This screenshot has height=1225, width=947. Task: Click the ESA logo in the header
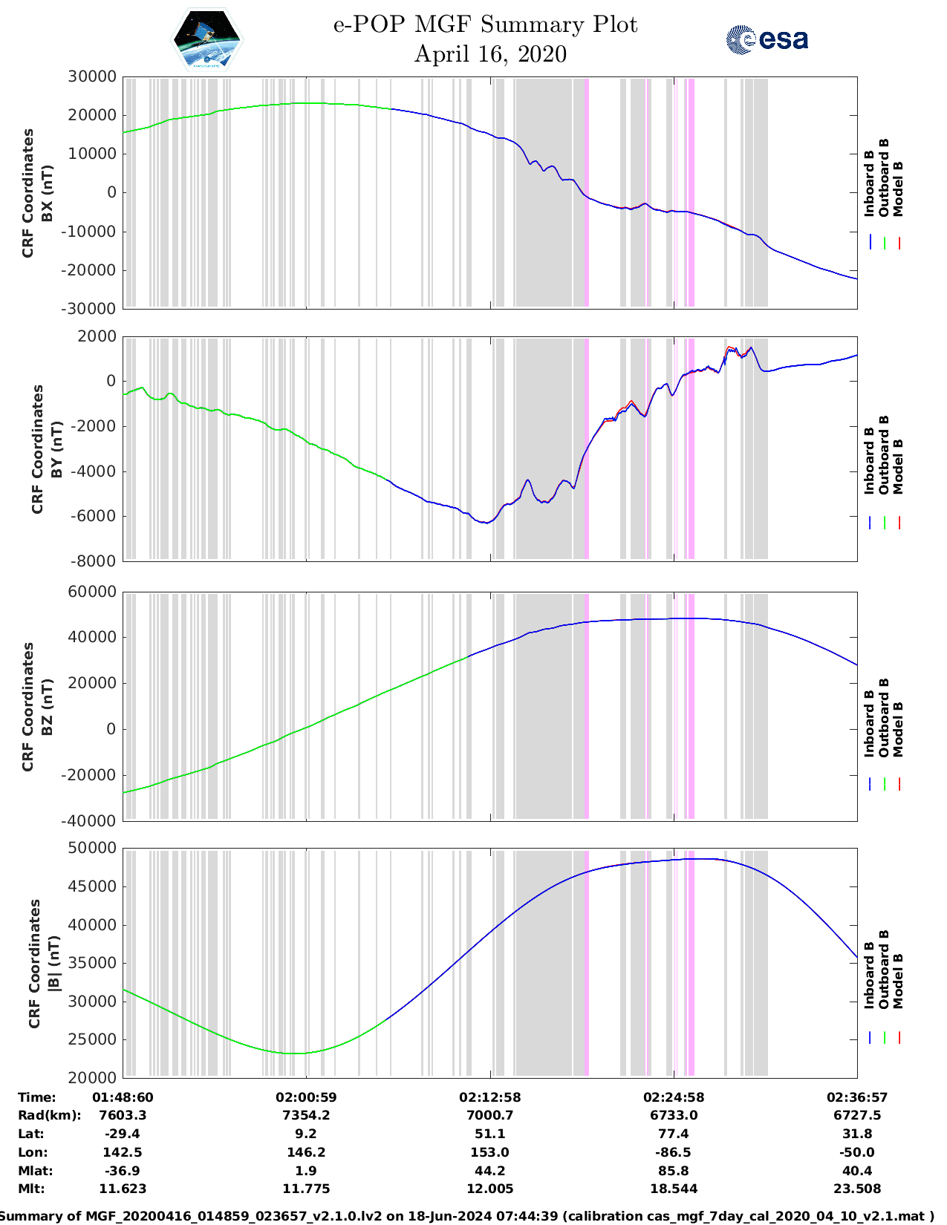(767, 39)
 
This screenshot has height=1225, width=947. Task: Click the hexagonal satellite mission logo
(206, 39)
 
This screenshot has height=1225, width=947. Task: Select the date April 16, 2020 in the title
(489, 54)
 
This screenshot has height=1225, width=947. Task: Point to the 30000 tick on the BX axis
(91, 76)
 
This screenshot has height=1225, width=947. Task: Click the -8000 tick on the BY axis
(93, 561)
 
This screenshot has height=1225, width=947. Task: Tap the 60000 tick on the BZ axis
(91, 592)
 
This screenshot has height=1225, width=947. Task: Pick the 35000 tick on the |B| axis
(91, 963)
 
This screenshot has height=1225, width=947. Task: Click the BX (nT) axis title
(48, 193)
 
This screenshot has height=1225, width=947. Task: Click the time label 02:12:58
(489, 1097)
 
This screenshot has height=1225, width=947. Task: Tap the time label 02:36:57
(857, 1097)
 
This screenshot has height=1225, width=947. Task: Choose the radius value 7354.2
(305, 1115)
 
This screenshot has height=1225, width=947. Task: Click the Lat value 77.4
(673, 1134)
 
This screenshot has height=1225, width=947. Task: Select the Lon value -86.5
(673, 1152)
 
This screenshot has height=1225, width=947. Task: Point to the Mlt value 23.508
(857, 1189)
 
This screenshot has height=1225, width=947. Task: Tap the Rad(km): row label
(49, 1115)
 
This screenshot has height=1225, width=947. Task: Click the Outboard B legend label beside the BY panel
(884, 454)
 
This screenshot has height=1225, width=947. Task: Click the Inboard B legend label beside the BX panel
(869, 183)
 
